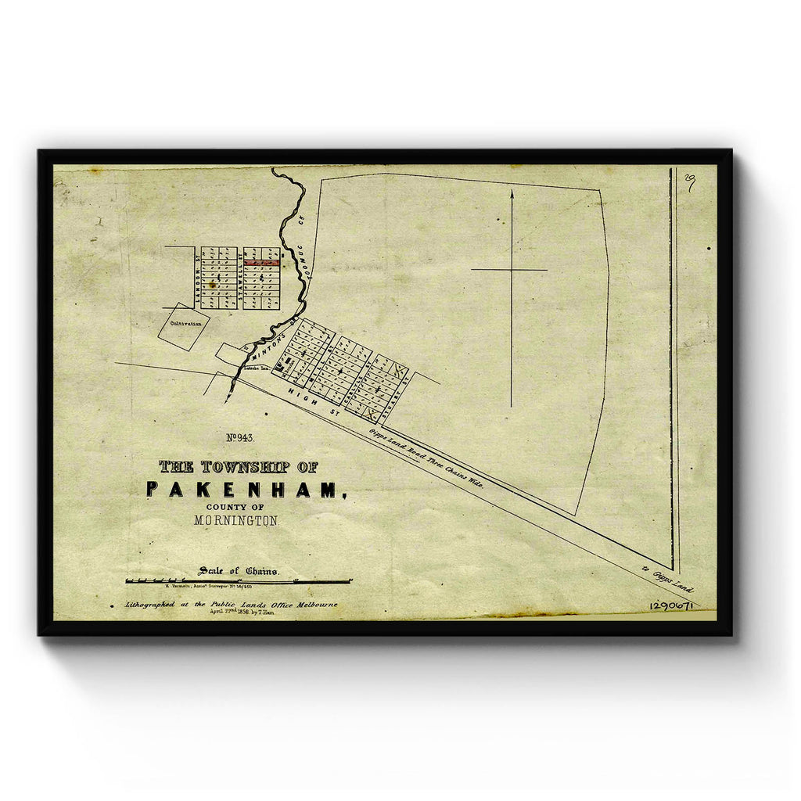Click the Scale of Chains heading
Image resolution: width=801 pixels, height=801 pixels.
tap(238, 570)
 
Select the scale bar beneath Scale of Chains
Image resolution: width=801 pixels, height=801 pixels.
tap(238, 581)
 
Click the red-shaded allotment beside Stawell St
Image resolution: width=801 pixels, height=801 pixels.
tap(261, 264)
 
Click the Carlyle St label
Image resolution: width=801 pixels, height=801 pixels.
tap(365, 374)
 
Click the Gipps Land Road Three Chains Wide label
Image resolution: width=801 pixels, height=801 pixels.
tap(426, 458)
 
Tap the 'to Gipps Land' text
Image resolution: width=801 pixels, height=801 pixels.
tap(667, 580)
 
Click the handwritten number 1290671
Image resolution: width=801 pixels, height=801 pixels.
tap(670, 606)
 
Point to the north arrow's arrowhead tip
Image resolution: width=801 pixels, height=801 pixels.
tap(512, 191)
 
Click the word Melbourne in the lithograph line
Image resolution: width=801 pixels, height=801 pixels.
tap(311, 605)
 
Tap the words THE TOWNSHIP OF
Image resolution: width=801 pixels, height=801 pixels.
tap(238, 467)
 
